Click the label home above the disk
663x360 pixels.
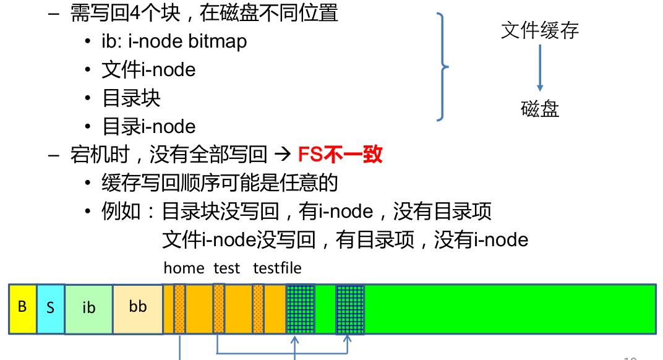(184, 268)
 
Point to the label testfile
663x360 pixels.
(277, 268)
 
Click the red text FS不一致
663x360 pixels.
(340, 154)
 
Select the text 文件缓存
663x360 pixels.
(539, 30)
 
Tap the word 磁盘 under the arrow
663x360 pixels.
(539, 109)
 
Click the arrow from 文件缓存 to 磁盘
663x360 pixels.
(539, 67)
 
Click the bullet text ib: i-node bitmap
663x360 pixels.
(174, 41)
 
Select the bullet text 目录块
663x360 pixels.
(131, 98)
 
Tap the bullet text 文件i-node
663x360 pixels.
(148, 70)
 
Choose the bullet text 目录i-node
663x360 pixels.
(148, 127)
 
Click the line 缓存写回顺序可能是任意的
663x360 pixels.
(220, 183)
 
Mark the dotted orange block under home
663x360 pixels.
(179, 309)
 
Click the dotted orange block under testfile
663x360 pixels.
(259, 309)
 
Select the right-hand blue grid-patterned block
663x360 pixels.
(350, 309)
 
